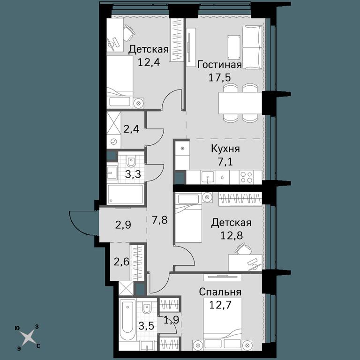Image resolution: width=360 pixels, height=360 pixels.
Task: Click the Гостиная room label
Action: tap(220, 65)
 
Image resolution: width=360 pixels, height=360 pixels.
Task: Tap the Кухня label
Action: tap(225, 149)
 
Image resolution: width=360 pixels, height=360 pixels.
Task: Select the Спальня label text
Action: tap(220, 292)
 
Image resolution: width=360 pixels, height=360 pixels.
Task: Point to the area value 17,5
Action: tap(219, 77)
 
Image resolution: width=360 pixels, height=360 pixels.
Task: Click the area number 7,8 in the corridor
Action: tap(160, 220)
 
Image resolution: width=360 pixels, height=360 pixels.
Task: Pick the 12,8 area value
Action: tap(232, 235)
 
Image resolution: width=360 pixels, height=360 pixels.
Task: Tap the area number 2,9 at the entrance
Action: tap(123, 225)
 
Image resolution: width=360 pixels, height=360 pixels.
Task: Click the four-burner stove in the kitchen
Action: tap(247, 177)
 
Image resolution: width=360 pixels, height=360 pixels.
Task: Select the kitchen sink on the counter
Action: tap(208, 177)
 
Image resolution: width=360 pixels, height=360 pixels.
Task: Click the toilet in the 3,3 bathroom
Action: tap(132, 162)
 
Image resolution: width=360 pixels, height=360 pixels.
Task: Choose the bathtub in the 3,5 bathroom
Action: tap(127, 320)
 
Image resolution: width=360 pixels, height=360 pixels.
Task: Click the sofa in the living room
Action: tap(252, 47)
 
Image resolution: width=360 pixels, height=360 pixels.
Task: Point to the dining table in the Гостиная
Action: tap(240, 103)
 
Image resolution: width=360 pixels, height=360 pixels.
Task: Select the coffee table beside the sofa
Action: tap(234, 47)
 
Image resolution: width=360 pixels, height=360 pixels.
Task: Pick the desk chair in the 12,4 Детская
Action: tap(128, 33)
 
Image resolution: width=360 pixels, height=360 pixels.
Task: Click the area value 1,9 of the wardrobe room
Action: tap(171, 320)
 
